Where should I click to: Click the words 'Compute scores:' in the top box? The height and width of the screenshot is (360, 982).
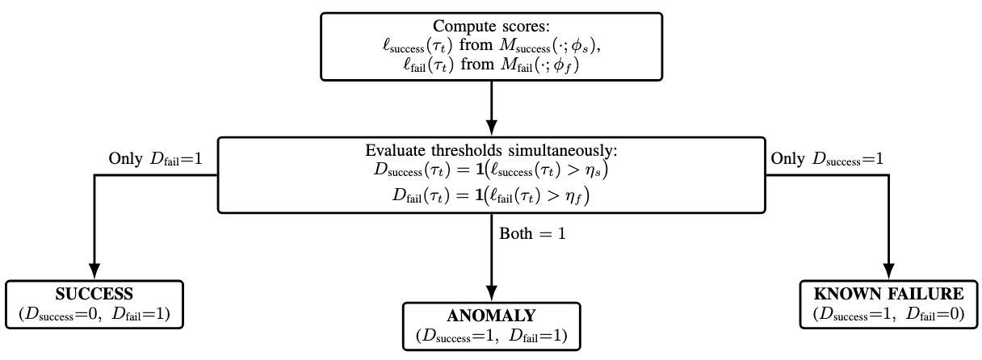point(491,26)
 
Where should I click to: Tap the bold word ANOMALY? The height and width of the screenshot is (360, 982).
point(491,315)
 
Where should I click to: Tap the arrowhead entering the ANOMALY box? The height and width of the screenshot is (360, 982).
point(491,295)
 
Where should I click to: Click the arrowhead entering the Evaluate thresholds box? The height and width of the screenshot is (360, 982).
point(491,129)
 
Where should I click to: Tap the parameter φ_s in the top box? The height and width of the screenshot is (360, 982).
point(591,47)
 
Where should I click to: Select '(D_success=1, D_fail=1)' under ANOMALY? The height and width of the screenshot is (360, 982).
point(491,334)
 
